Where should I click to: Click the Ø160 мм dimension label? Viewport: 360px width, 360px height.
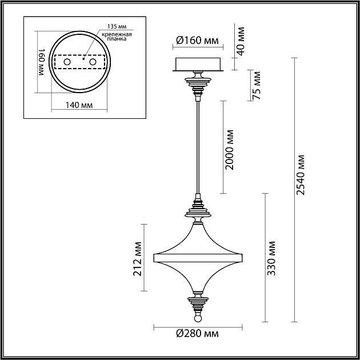coord(197,41)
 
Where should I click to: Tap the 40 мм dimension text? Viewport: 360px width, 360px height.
coord(241,41)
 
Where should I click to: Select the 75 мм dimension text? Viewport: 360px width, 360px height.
coord(257,85)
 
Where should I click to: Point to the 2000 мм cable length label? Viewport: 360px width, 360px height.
coord(229,150)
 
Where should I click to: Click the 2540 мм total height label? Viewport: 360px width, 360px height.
coord(300,175)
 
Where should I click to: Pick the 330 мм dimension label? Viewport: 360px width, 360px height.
coord(271,258)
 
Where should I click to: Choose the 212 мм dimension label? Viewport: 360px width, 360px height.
coord(138,258)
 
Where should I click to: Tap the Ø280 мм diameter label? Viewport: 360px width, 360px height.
coord(197,333)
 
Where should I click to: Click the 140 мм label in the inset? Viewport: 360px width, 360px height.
coord(79,105)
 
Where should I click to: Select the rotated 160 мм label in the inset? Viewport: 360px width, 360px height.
coord(42,62)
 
